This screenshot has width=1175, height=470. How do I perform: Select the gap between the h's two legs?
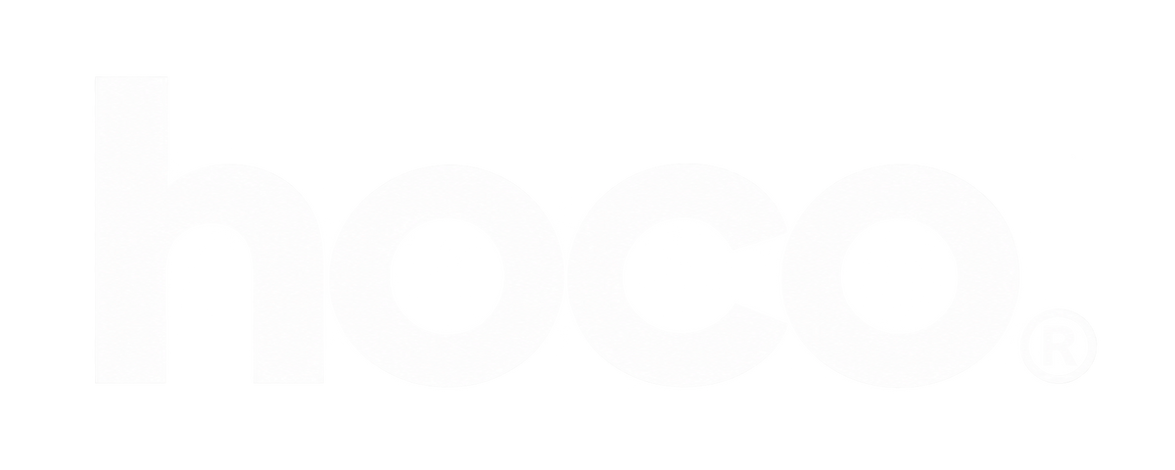click(210, 314)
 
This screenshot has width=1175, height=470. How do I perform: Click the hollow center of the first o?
click(446, 276)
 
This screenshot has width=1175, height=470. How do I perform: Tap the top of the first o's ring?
click(446, 191)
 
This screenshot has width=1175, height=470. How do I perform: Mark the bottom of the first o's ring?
click(446, 361)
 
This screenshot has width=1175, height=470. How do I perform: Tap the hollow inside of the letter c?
click(681, 276)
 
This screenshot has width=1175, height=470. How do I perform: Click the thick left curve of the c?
click(595, 276)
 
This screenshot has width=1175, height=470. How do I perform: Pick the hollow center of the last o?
click(900, 276)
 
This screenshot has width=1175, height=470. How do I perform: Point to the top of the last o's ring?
click(900, 191)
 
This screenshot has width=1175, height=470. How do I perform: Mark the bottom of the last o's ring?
click(900, 361)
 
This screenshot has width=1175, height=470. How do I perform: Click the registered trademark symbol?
click(1059, 347)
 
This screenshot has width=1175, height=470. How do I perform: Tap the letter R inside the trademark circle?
click(1058, 348)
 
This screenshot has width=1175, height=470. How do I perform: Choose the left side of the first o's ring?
click(359, 276)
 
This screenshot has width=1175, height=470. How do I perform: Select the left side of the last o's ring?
click(812, 276)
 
